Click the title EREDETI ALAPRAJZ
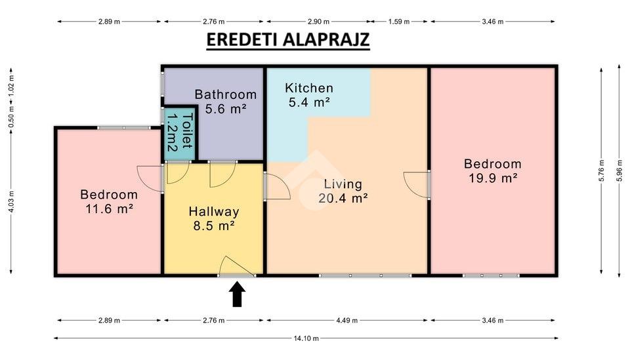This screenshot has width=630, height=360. point(287,40)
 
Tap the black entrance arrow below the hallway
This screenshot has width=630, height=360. point(238,294)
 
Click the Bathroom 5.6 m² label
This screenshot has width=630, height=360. point(225,102)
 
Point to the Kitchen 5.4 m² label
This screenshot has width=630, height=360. point(309,94)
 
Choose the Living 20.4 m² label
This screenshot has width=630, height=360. point(343,191)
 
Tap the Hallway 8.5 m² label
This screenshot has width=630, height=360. point(214,218)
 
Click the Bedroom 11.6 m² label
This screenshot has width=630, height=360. point(109,201)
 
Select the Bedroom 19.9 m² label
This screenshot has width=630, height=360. point(493,170)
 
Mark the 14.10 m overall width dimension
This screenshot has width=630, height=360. point(306,338)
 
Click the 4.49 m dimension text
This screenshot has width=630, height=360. point(346,320)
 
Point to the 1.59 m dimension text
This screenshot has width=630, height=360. point(398,22)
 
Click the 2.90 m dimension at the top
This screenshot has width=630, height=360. point(319,22)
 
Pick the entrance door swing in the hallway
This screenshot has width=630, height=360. point(238,266)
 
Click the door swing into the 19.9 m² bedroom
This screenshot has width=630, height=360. point(417,185)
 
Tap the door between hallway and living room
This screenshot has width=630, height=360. point(277,186)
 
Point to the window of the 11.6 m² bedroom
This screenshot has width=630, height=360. point(124,128)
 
